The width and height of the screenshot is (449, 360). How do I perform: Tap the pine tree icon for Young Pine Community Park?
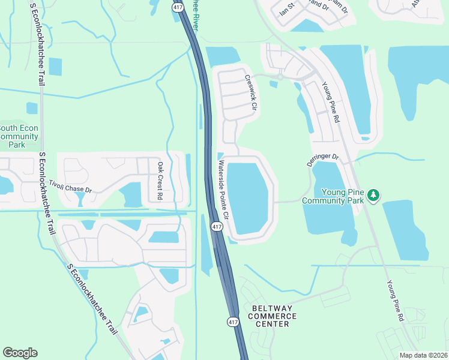pos(373,195)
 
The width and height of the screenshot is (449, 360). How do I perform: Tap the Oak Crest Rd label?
pos(160,180)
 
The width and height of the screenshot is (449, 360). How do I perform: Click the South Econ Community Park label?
pos(20,136)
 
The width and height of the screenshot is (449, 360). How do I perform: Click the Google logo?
pos(20,353)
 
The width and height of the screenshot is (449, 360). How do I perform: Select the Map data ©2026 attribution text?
pos(423,355)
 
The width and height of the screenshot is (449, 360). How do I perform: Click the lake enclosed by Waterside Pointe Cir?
pos(248,197)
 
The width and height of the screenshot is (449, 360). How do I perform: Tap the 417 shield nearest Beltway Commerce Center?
pos(233,322)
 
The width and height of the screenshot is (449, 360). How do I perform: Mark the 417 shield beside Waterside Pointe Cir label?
pos(216,227)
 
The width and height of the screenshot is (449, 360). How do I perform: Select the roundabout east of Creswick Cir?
pos(280,77)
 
